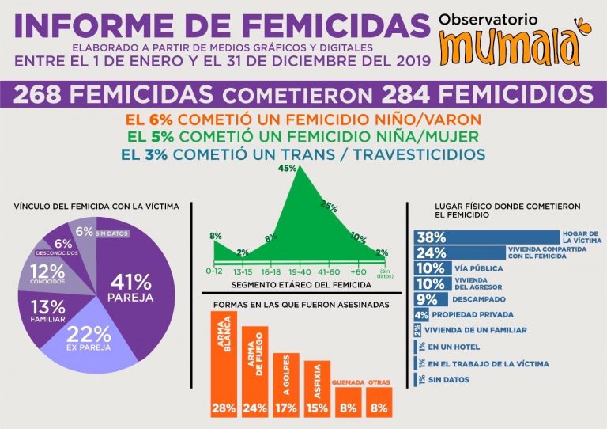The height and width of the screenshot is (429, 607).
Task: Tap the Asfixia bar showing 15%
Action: point(317,388)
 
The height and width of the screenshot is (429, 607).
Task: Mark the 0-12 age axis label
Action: point(214,271)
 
